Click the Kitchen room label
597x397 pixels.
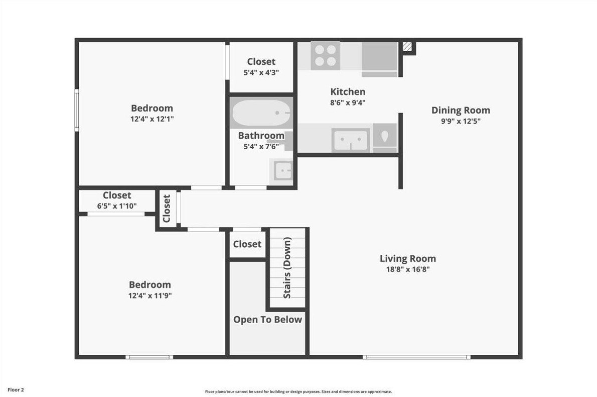click(x=348, y=92)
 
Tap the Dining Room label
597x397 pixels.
click(x=461, y=111)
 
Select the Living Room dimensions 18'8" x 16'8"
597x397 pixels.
click(x=407, y=269)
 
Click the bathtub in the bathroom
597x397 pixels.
click(x=261, y=113)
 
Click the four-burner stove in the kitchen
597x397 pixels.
click(x=325, y=55)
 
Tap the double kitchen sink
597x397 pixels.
click(x=351, y=139)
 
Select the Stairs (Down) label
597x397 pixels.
click(x=287, y=268)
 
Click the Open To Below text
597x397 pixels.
click(x=268, y=320)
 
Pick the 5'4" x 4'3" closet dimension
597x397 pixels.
click(x=261, y=72)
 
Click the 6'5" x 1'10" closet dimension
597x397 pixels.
click(x=117, y=206)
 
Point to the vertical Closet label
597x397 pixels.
click(x=167, y=209)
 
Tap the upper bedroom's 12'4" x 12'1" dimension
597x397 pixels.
click(x=152, y=119)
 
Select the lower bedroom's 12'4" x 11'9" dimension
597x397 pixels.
click(x=150, y=295)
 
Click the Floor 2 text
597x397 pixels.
click(x=16, y=389)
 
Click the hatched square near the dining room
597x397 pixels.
click(x=408, y=47)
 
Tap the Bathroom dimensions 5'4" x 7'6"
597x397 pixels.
click(x=261, y=146)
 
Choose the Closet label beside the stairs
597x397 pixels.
click(x=247, y=244)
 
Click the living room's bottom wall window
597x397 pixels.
click(x=417, y=357)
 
